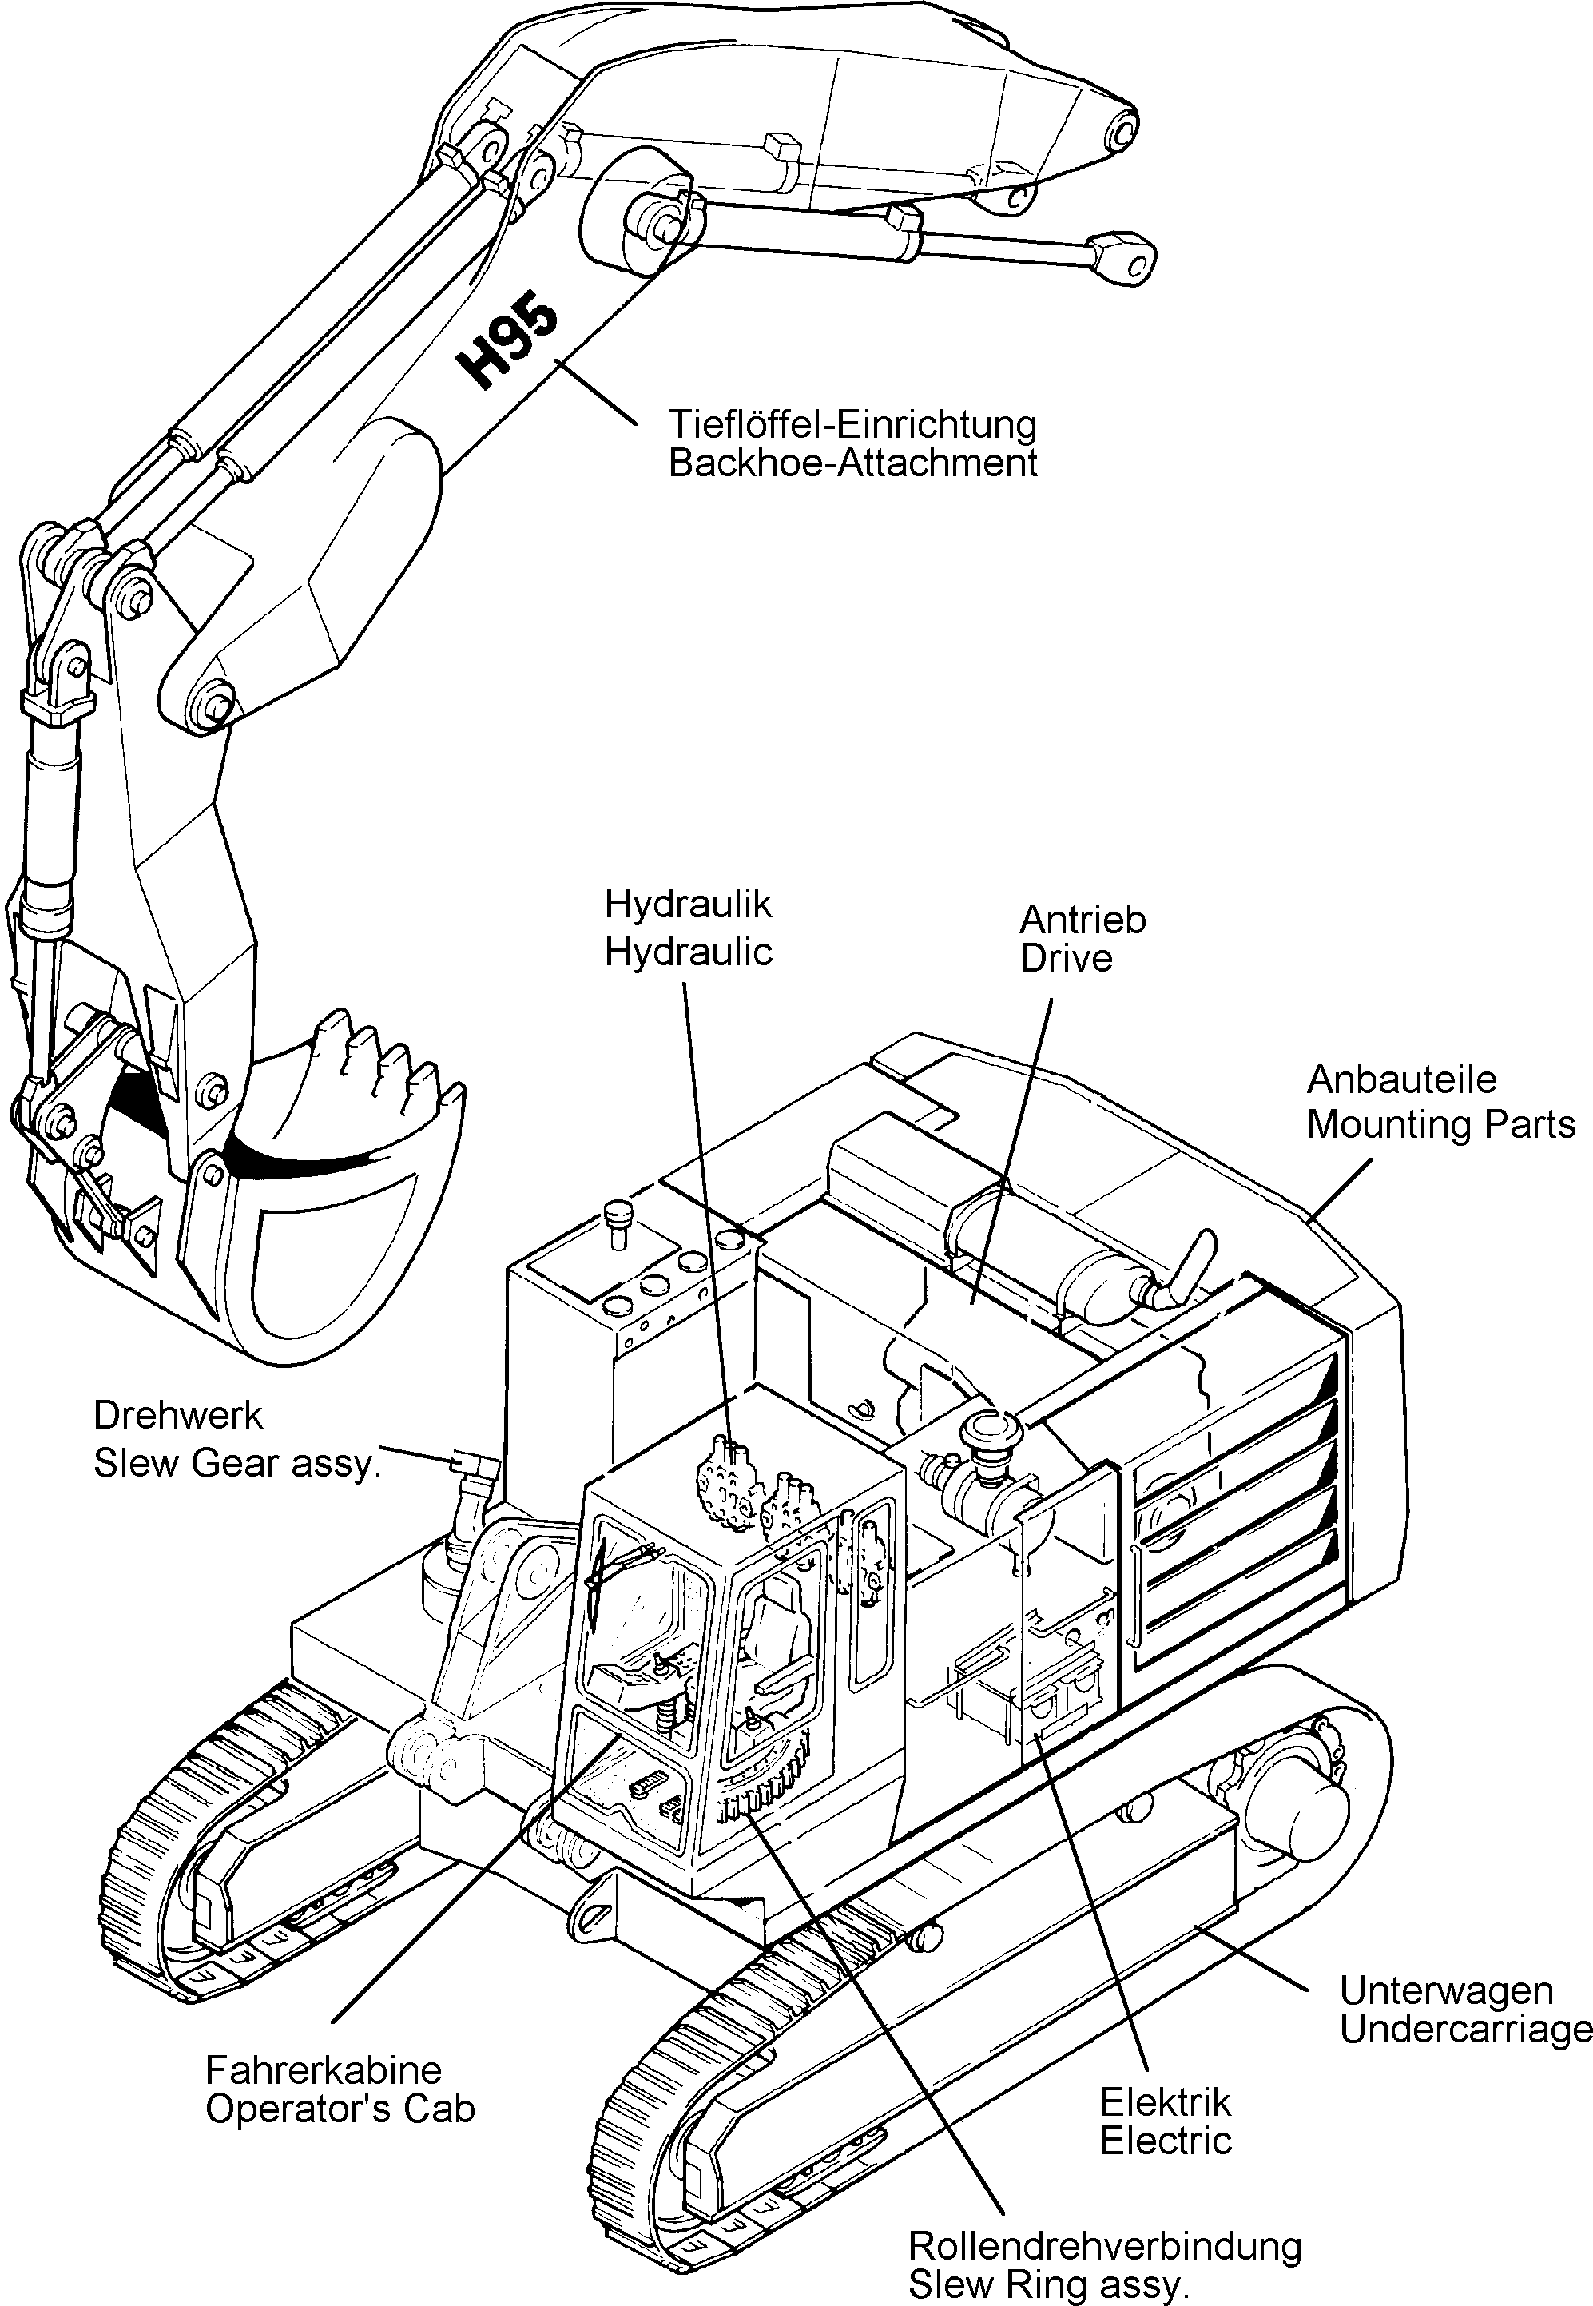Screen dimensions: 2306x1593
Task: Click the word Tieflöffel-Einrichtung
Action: tap(852, 425)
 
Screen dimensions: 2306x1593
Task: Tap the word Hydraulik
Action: tap(688, 905)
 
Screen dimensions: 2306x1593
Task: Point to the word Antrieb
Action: tap(1082, 920)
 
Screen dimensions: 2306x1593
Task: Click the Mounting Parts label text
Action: tap(1440, 1124)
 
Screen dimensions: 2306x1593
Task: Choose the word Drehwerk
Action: tap(164, 1416)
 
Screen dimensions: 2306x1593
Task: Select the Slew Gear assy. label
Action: tap(236, 1464)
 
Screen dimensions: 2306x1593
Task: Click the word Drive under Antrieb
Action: tap(1065, 958)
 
